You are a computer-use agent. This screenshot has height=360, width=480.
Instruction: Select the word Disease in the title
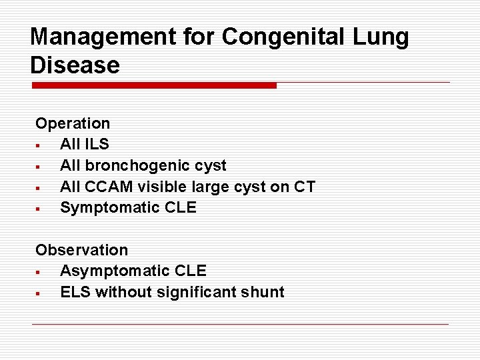(x=75, y=65)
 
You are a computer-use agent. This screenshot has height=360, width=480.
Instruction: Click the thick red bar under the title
(x=154, y=85)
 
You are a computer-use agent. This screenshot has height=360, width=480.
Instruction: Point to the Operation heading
(x=73, y=123)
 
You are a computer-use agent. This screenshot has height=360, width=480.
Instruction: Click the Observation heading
(x=81, y=250)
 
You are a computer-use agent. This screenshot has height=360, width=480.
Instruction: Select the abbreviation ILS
(x=96, y=144)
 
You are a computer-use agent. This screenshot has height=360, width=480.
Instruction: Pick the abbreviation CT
(x=304, y=187)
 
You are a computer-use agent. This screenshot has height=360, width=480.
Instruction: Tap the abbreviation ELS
(x=75, y=292)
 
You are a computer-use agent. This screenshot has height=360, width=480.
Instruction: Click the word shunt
(x=263, y=292)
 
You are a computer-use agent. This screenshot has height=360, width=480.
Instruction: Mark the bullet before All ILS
(x=39, y=145)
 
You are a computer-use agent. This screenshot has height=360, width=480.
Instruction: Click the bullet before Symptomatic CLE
(x=39, y=209)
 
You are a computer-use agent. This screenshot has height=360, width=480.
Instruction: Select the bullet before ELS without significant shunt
(x=39, y=293)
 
